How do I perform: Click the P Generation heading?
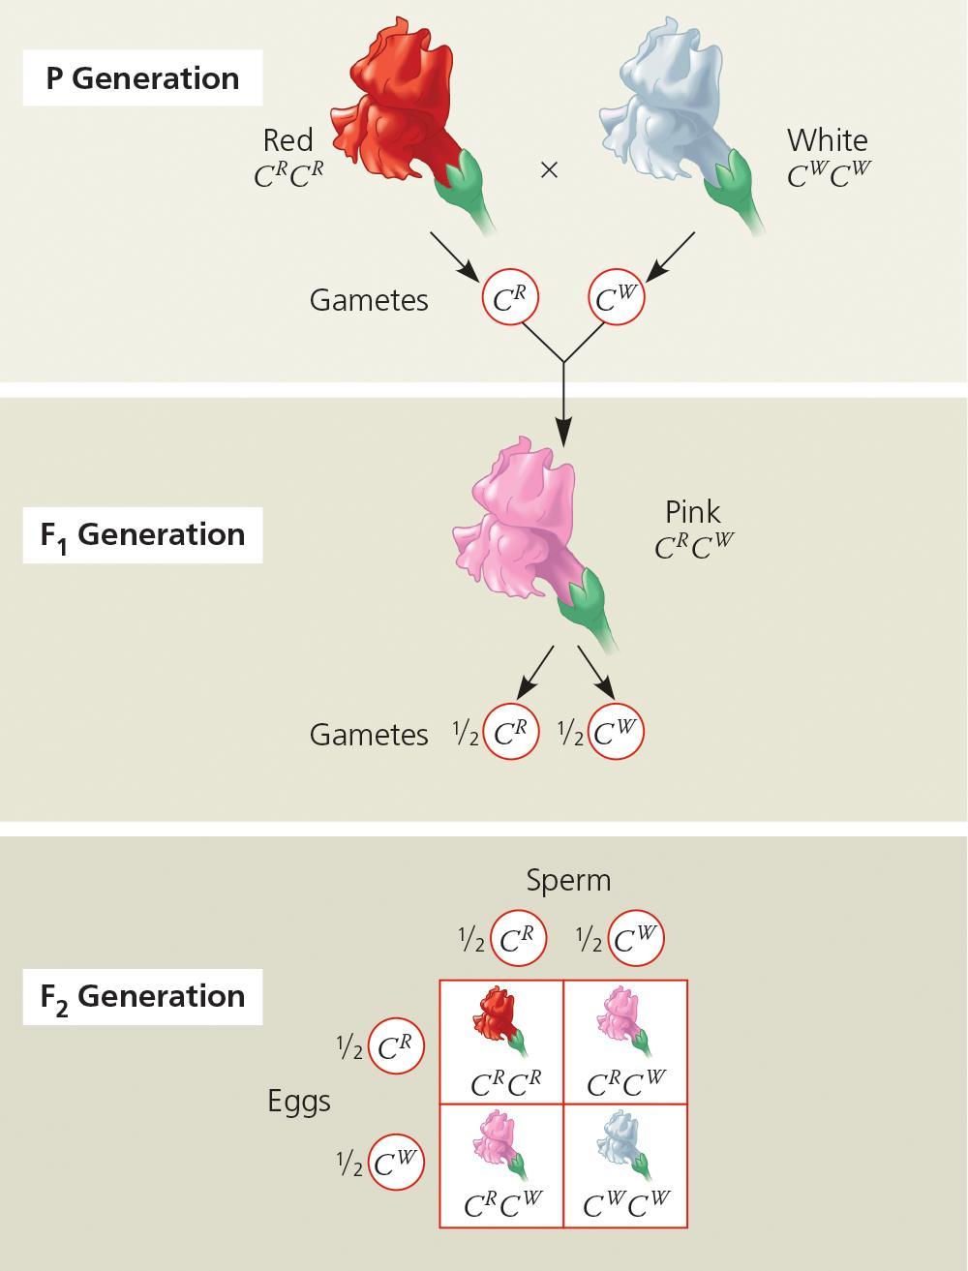[x=142, y=78]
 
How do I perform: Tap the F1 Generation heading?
[x=142, y=534]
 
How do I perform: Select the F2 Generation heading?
[x=142, y=996]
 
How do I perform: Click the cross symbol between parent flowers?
[x=549, y=170]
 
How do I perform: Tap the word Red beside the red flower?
[x=287, y=140]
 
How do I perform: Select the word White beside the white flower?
[x=827, y=140]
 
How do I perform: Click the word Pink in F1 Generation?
[x=693, y=511]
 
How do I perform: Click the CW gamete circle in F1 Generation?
[x=616, y=733]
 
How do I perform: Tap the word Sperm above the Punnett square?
[x=568, y=880]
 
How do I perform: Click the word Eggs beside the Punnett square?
[x=299, y=1101]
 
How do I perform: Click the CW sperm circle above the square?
[x=636, y=939]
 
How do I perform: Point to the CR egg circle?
[x=396, y=1046]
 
